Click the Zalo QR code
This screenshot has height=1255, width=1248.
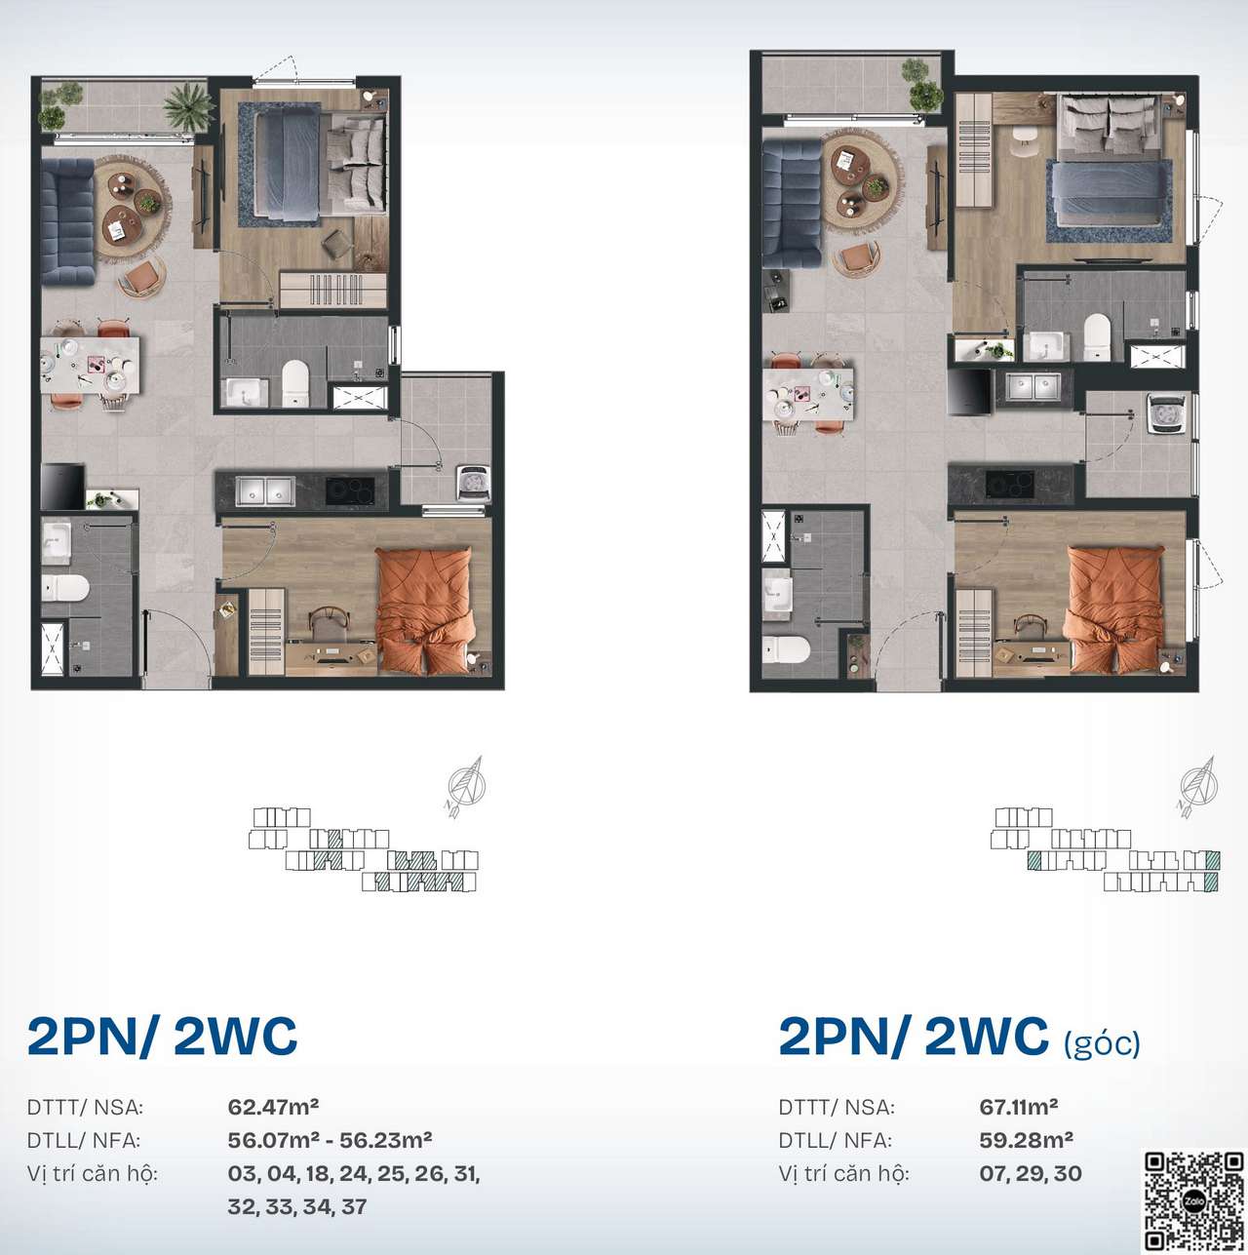click(x=1194, y=1200)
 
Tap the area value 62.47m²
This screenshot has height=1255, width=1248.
click(x=273, y=1107)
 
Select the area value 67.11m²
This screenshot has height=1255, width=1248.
click(x=1019, y=1107)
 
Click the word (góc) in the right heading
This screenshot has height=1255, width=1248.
click(x=1102, y=1044)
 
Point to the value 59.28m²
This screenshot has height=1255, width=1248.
click(x=1026, y=1140)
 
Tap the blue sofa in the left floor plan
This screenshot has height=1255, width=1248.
click(x=67, y=221)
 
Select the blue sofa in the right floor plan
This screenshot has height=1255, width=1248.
click(x=791, y=206)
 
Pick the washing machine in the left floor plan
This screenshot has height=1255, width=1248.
click(x=474, y=484)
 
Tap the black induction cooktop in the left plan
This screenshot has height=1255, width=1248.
click(x=350, y=490)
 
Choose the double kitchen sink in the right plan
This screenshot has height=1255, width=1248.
click(x=1033, y=387)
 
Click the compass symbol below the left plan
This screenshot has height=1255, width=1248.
click(x=466, y=786)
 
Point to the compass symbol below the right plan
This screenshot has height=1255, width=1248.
click(x=1198, y=786)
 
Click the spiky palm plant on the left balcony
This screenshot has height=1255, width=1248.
click(x=188, y=106)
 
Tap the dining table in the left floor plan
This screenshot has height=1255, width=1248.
click(x=90, y=365)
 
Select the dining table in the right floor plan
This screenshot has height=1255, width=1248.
click(x=808, y=394)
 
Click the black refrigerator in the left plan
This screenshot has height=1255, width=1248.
click(x=63, y=486)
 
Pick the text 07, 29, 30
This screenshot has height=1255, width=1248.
click(x=1031, y=1174)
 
